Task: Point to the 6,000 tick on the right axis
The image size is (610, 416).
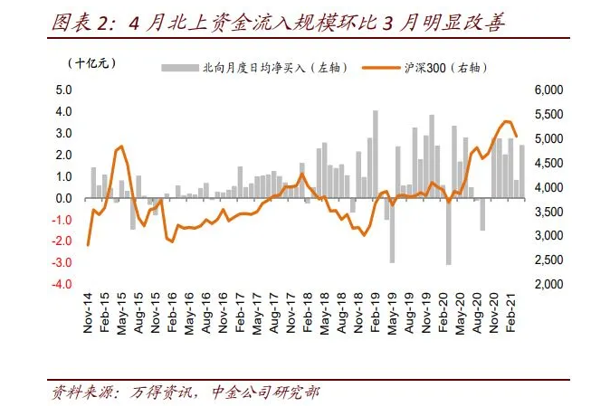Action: [x=550, y=90]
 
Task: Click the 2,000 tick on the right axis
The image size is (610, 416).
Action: [x=550, y=284]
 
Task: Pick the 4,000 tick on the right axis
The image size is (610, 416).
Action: [x=550, y=187]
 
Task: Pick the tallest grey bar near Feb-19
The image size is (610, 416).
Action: [x=376, y=154]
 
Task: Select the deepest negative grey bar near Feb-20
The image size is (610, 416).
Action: [x=448, y=232]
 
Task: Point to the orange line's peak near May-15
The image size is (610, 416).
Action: [x=121, y=146]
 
